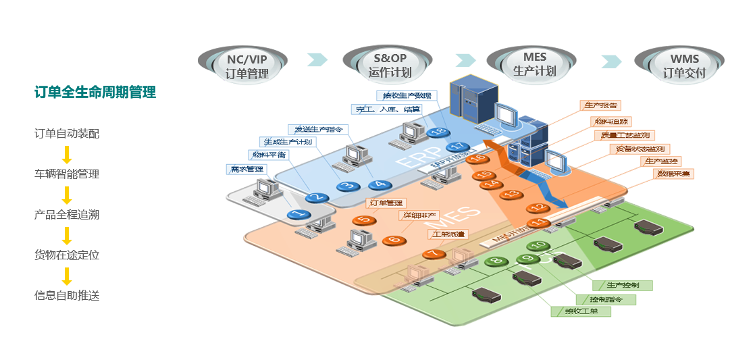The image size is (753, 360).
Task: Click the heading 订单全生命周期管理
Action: click(95, 93)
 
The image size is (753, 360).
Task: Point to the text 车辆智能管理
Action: click(67, 174)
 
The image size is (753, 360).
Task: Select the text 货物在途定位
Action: click(67, 255)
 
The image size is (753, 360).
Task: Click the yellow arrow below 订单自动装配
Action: click(67, 155)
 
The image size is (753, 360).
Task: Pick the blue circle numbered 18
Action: click(438, 132)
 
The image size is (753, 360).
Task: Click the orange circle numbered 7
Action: click(433, 254)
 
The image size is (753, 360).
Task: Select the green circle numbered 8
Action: click(497, 260)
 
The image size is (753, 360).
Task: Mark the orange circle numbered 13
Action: click(513, 194)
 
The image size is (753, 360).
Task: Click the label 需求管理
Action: click(247, 169)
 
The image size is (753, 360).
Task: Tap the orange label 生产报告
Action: click(599, 106)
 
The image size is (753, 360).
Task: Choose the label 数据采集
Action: click(673, 174)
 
